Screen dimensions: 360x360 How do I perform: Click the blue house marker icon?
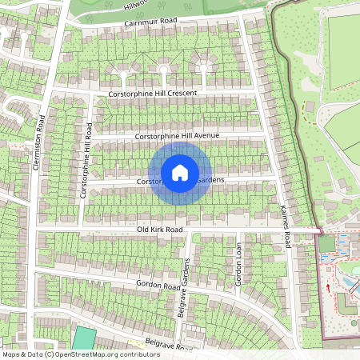tap(180, 172)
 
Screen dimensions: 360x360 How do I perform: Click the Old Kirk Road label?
tap(160, 230)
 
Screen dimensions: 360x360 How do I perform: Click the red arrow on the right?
tap(327, 285)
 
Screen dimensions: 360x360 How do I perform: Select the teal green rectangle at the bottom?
tap(83, 338)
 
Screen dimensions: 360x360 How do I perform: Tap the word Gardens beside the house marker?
tap(210, 181)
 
